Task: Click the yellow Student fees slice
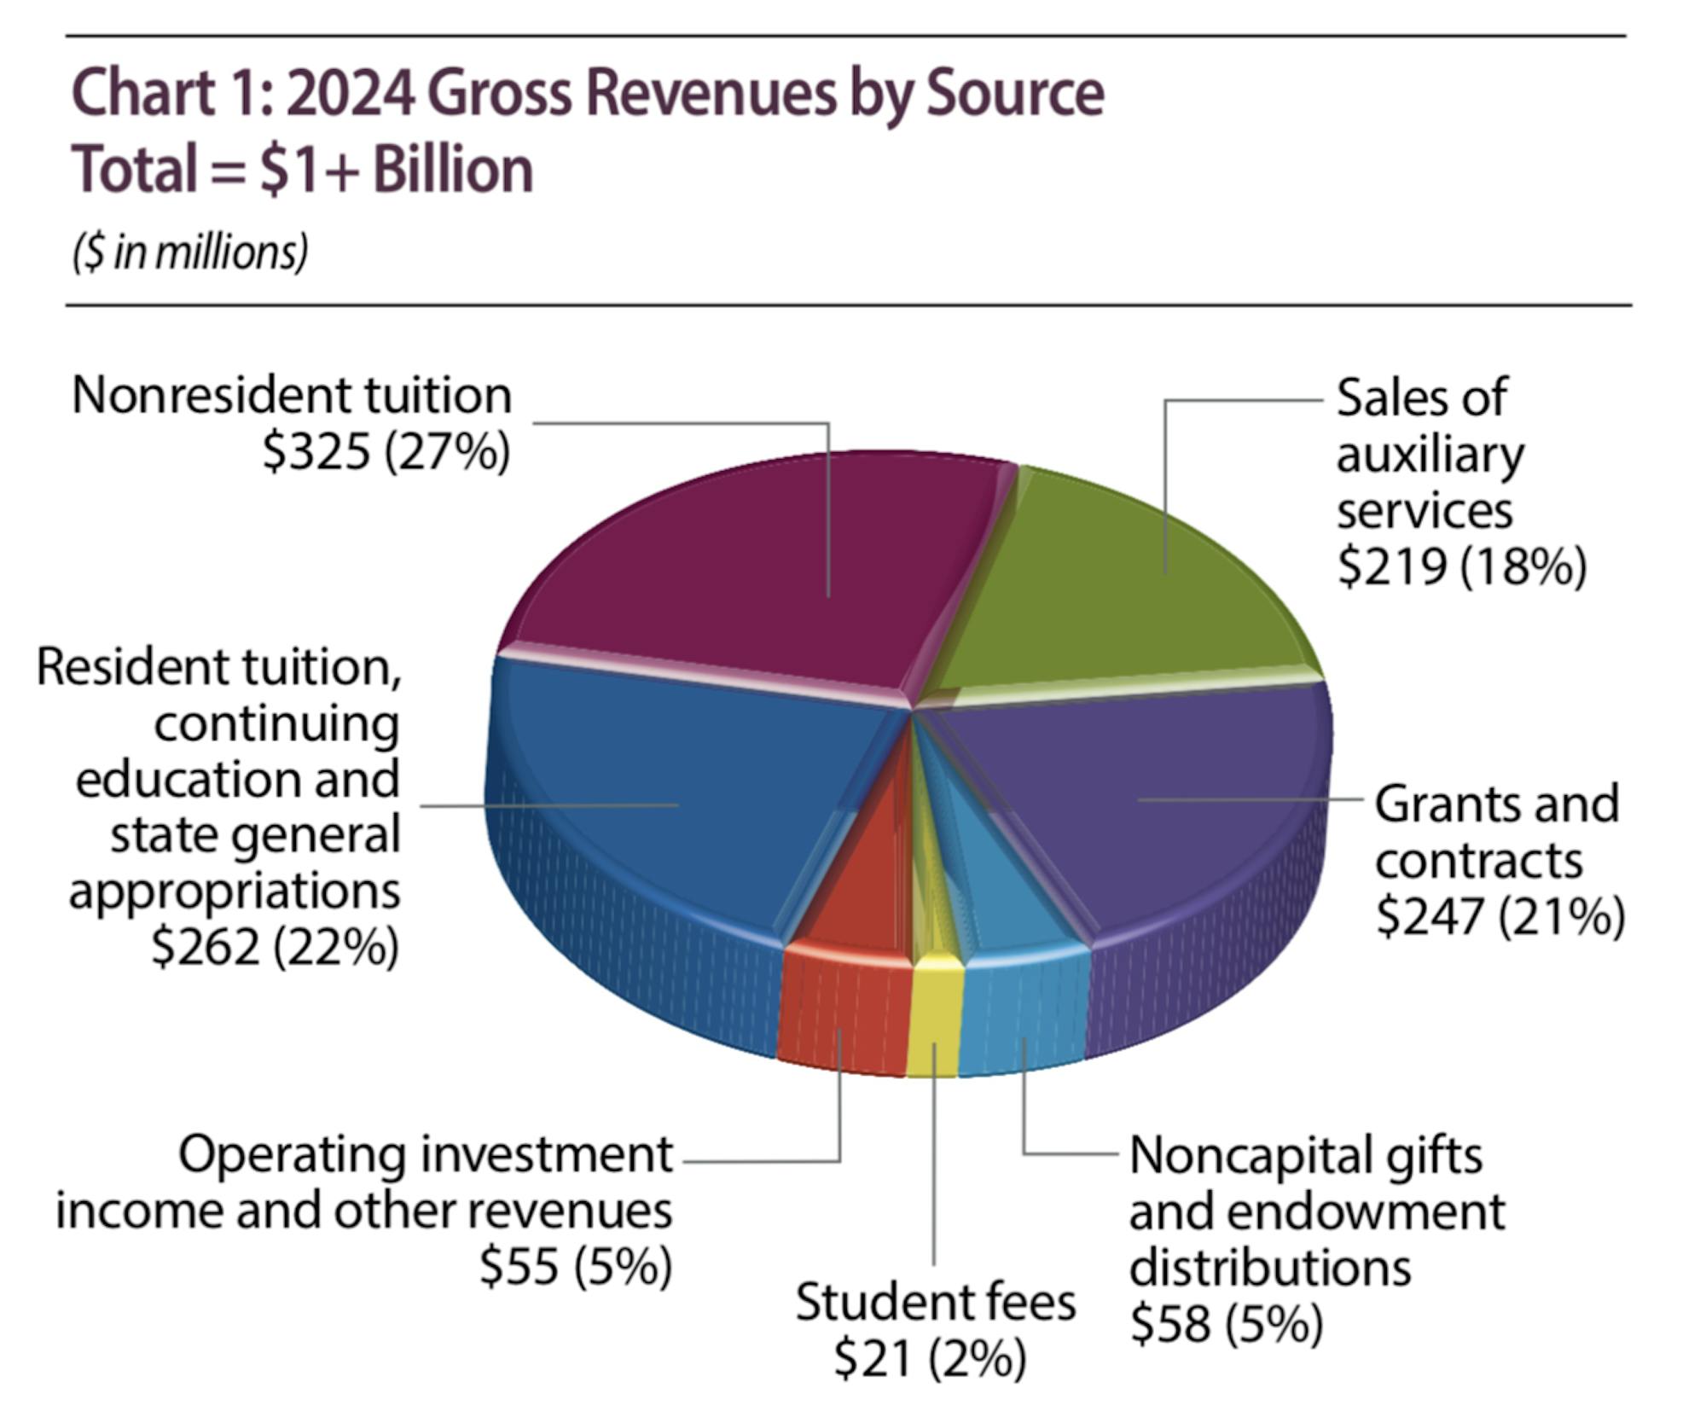click(935, 1015)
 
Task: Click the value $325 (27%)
click(386, 451)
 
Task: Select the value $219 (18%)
click(1461, 566)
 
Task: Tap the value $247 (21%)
click(1500, 916)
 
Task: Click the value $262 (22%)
click(275, 946)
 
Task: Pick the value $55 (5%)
click(576, 1265)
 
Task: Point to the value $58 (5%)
click(1226, 1323)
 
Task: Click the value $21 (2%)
click(930, 1358)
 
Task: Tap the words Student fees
click(936, 1303)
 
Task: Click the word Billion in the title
click(452, 170)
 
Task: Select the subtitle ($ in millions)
click(190, 253)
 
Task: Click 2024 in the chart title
click(351, 93)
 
